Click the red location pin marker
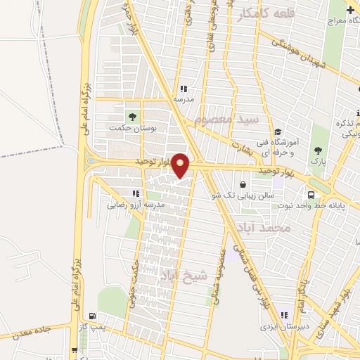[181, 165]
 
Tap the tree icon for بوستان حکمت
[131, 116]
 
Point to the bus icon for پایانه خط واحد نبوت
[311, 194]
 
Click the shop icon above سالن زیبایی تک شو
[243, 185]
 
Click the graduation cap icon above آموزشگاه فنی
[278, 131]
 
